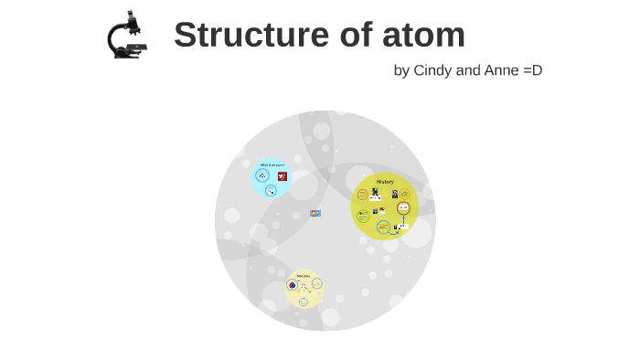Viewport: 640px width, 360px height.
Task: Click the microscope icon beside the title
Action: point(127,35)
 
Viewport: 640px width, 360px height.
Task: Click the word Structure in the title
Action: point(240,35)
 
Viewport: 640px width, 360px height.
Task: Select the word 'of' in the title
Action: point(347,35)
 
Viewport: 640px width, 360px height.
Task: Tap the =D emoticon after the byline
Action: point(532,70)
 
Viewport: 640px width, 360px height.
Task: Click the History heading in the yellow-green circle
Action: point(385,182)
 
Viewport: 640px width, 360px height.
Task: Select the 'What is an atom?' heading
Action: point(272,165)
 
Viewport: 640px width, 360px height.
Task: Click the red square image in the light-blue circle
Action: point(283,176)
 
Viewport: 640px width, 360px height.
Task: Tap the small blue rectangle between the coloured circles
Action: point(315,213)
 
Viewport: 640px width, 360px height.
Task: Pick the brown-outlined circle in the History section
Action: point(403,208)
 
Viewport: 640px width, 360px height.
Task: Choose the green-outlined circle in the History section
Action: point(363,216)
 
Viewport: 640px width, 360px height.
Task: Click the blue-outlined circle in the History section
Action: point(384,227)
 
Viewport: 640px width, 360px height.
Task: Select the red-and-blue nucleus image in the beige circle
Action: point(293,284)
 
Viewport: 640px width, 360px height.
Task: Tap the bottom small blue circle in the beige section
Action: point(304,302)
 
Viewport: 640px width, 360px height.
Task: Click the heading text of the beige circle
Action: point(304,275)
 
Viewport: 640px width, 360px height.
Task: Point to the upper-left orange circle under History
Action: point(363,195)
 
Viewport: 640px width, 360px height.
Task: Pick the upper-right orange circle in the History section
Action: point(404,193)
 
